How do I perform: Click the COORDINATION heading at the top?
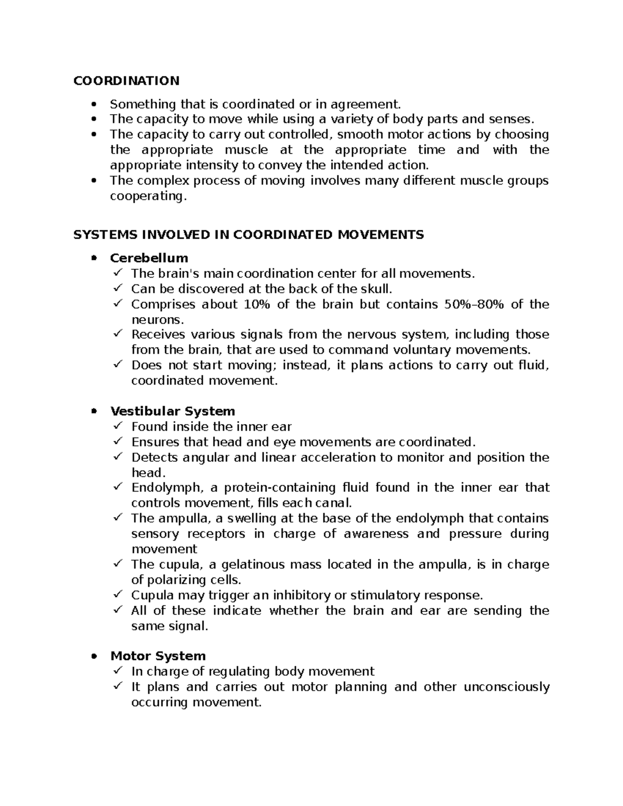[x=126, y=81]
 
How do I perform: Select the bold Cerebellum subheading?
[x=149, y=258]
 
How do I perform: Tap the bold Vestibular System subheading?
[x=172, y=412]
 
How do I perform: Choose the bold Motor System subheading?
[x=158, y=656]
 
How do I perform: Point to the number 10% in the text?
[x=256, y=305]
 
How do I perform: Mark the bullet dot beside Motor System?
[x=94, y=657]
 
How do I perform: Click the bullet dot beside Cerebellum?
[x=94, y=258]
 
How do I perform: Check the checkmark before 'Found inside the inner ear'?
[x=118, y=427]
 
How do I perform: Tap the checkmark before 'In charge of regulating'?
[x=118, y=671]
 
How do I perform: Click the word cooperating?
[x=147, y=197]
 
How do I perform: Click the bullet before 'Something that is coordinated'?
[x=94, y=104]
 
